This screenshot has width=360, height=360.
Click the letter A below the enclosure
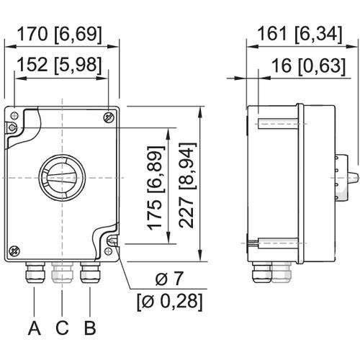tap(33, 329)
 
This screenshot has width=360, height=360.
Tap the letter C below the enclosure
tap(62, 329)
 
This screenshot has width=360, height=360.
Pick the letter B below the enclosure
tap(89, 329)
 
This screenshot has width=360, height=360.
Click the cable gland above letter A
tap(34, 273)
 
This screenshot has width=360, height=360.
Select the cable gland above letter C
tap(61, 273)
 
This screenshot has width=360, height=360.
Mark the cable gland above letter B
tap(89, 273)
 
